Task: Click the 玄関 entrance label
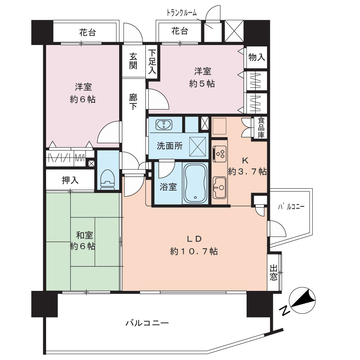(x=133, y=61)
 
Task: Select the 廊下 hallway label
(x=133, y=102)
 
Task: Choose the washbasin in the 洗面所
(x=163, y=125)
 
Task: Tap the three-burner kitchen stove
(x=220, y=153)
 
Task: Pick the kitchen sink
(x=220, y=187)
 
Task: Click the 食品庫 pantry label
(x=261, y=128)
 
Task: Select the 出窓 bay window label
(x=274, y=273)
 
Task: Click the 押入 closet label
(x=70, y=180)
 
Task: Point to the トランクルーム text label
(x=181, y=13)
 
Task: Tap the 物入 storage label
(x=257, y=57)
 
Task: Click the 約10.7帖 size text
(x=194, y=251)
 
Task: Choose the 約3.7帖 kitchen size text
(x=247, y=171)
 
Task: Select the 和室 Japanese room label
(x=85, y=235)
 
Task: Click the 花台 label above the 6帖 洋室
(x=87, y=33)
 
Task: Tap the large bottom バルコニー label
(x=147, y=323)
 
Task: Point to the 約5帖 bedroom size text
(x=202, y=84)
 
